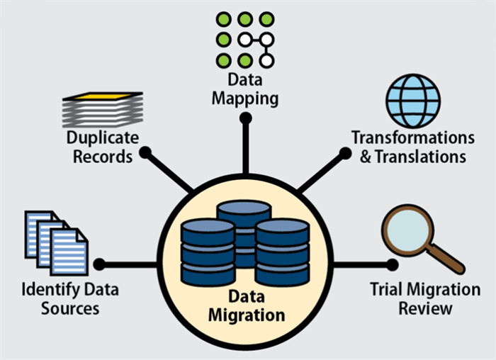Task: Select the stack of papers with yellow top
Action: coord(102,109)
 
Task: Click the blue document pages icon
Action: coord(56,240)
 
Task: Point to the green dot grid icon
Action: coord(245,40)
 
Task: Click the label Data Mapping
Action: coord(245,89)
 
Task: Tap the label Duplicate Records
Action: coord(102,146)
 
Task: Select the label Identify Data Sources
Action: coord(60,298)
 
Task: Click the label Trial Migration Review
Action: coord(425,298)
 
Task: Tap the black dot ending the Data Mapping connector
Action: coord(245,118)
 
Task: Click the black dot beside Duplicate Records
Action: coord(145,152)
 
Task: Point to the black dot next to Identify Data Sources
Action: coord(99,264)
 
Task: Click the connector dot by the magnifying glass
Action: coord(392,264)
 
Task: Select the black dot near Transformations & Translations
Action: coord(345,152)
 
